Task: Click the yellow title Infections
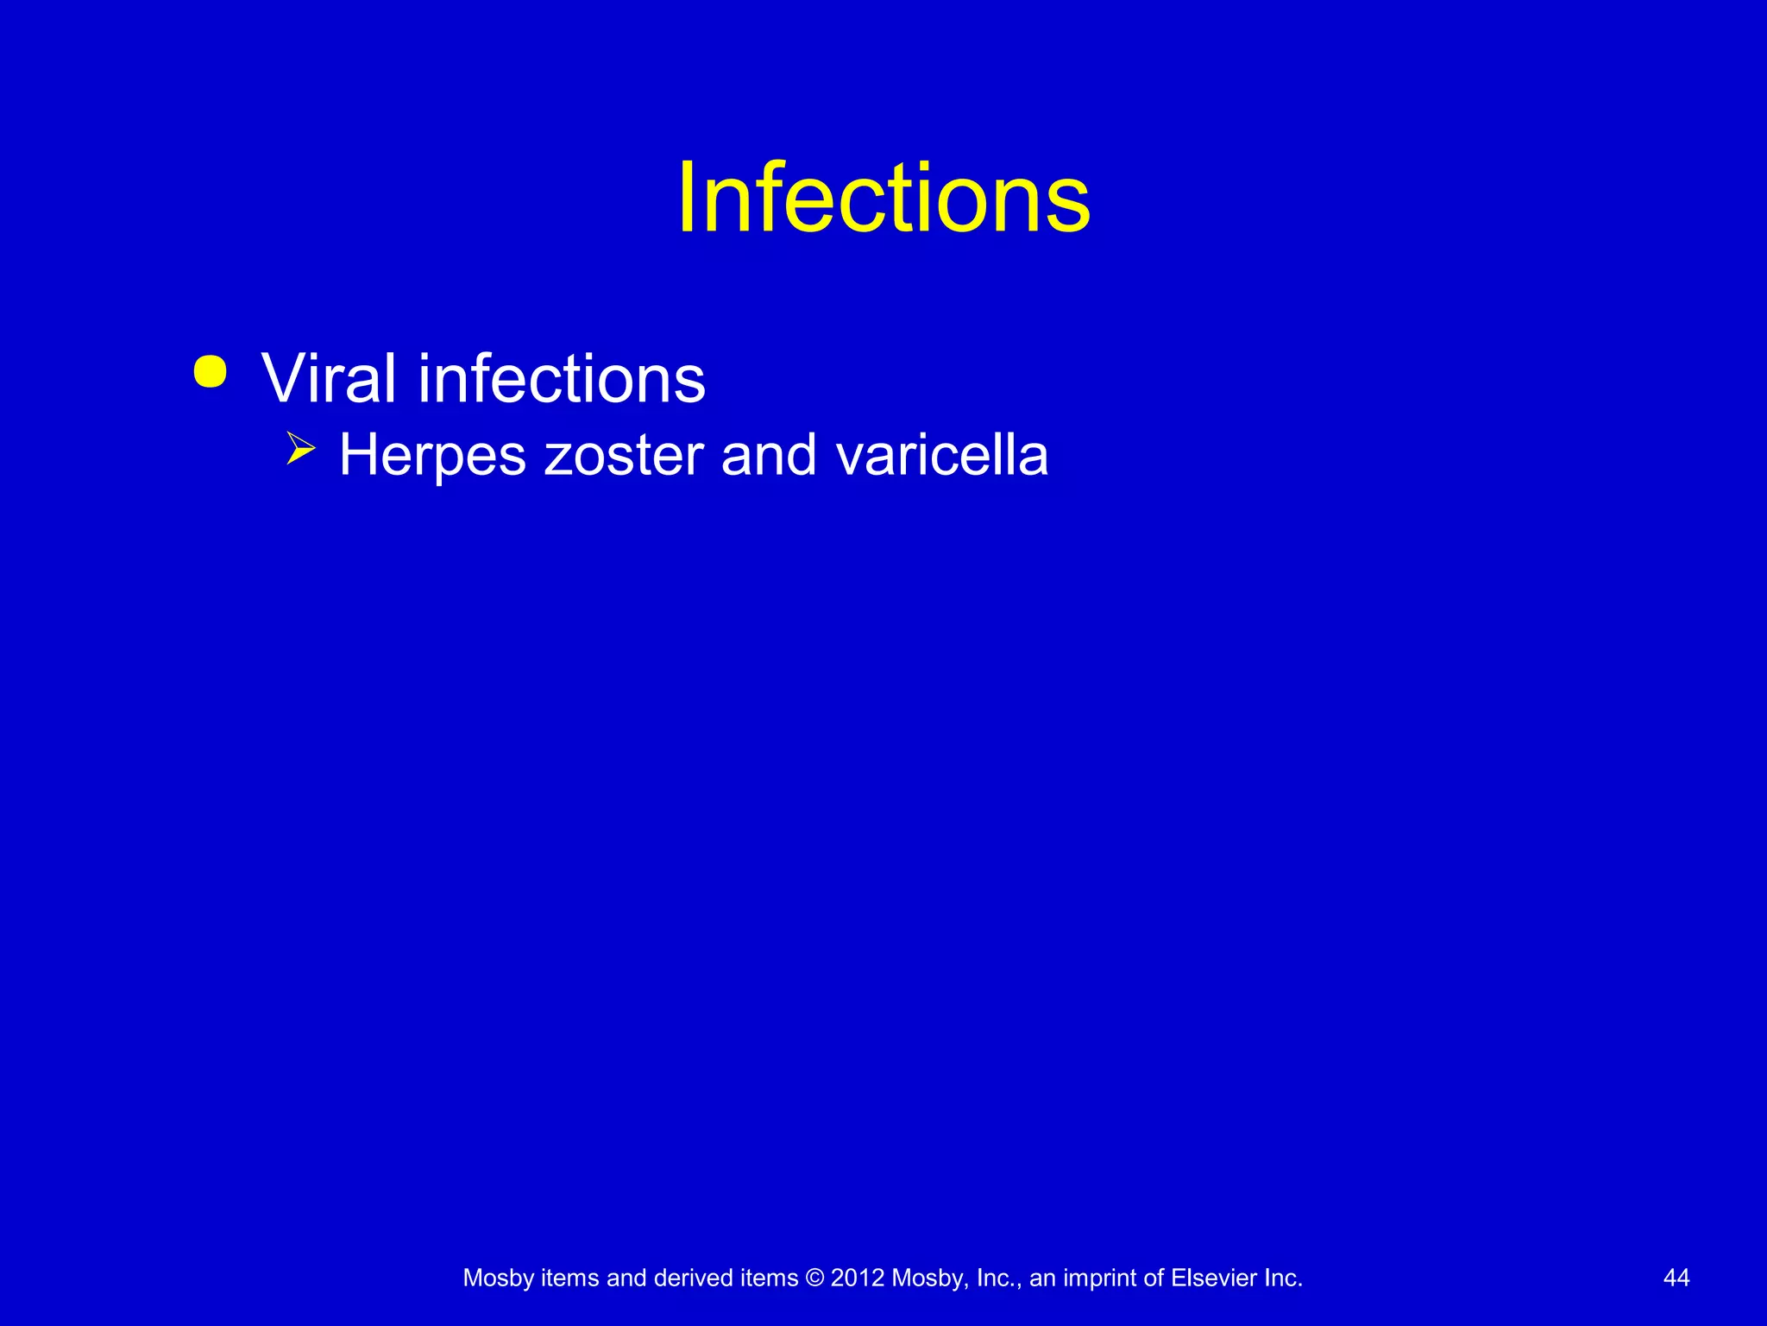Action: tap(883, 199)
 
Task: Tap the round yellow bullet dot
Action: tap(211, 372)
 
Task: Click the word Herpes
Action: tap(432, 456)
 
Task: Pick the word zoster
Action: tap(624, 456)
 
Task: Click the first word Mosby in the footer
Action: tap(498, 1279)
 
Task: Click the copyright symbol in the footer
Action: tap(814, 1279)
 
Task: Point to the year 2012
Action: tap(857, 1279)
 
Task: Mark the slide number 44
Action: tap(1676, 1279)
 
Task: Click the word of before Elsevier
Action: tap(1155, 1279)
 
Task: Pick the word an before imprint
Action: tap(1042, 1279)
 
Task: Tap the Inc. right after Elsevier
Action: tap(1283, 1279)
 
